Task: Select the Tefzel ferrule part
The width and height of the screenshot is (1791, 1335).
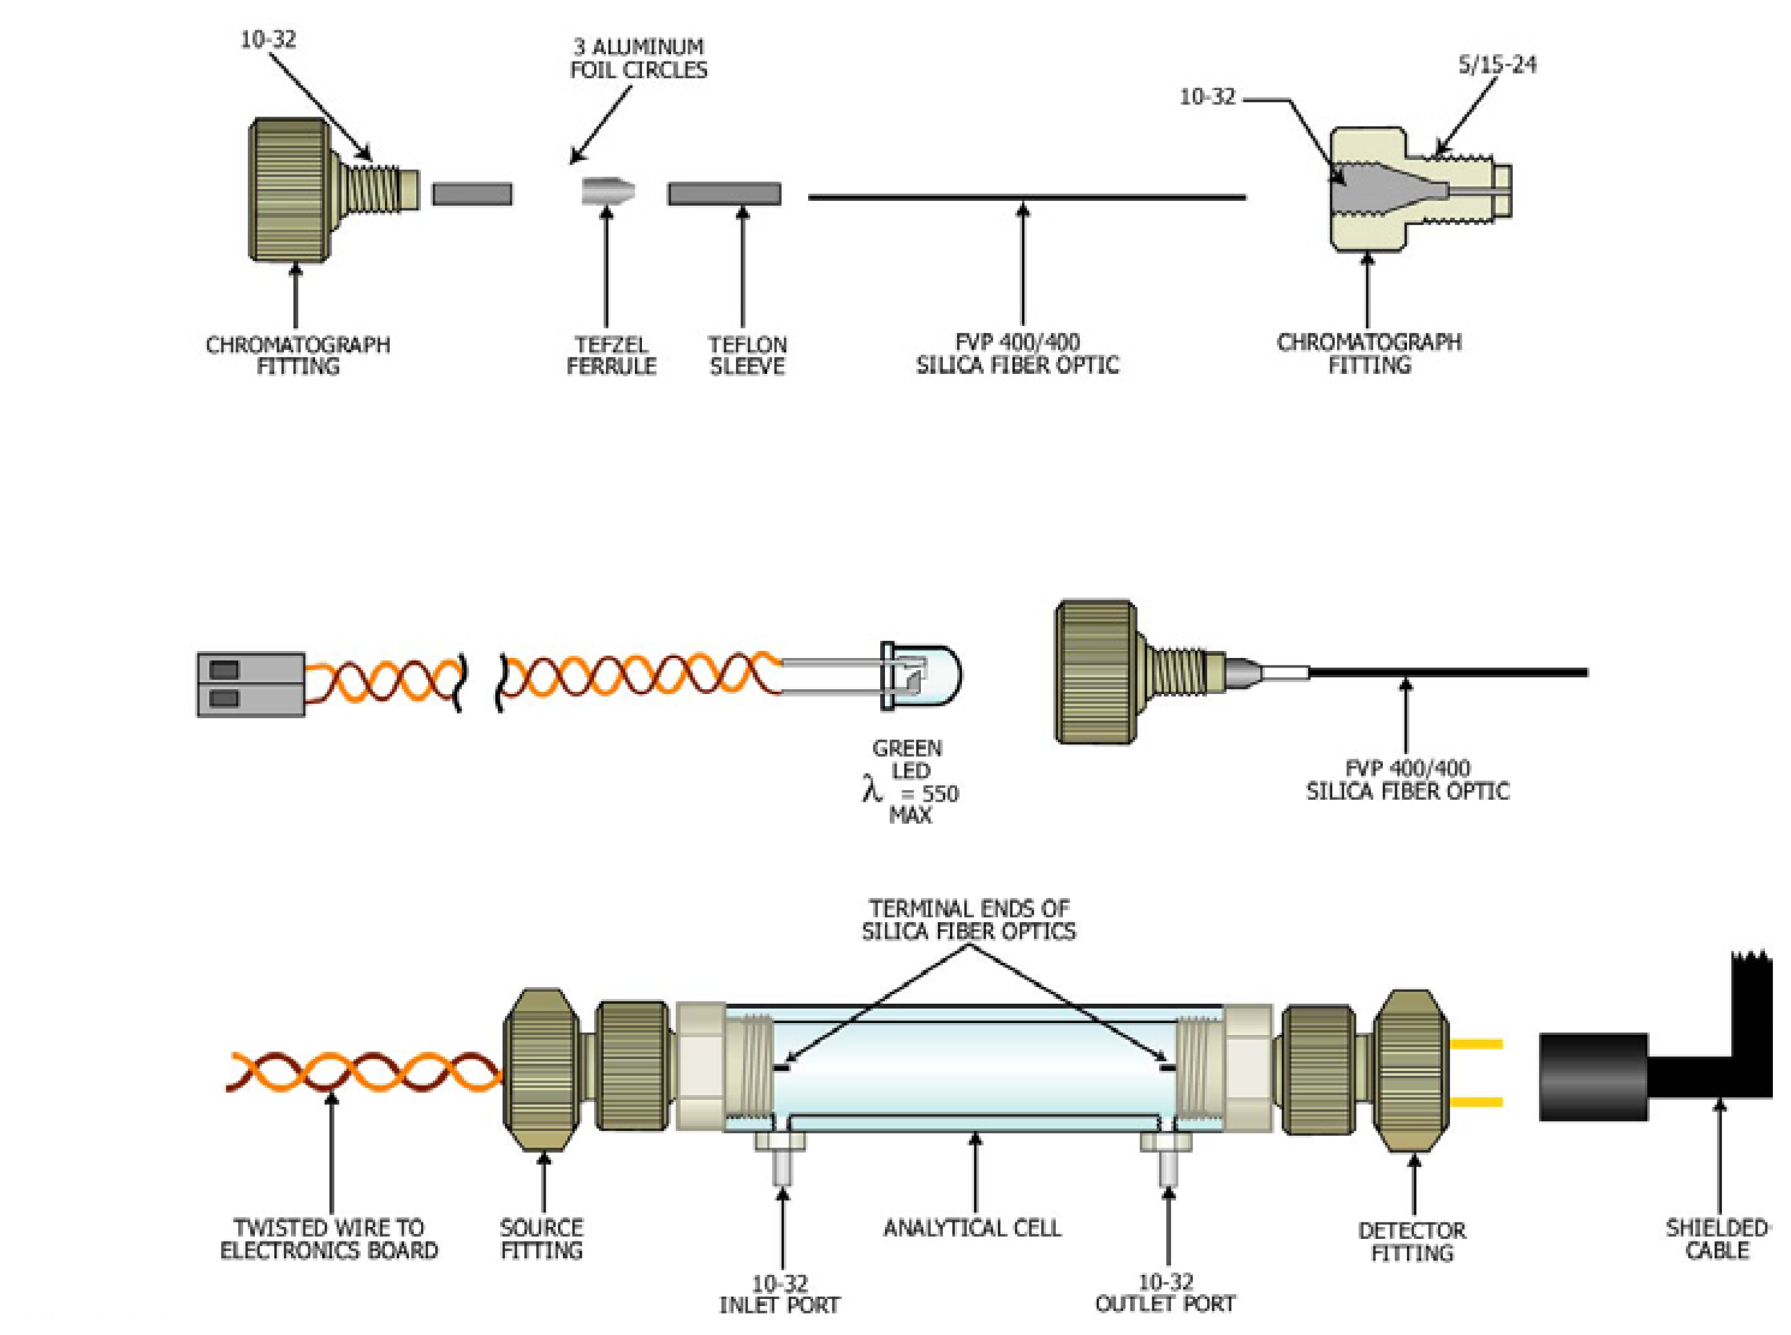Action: click(x=608, y=192)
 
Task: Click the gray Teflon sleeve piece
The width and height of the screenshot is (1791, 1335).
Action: click(x=724, y=193)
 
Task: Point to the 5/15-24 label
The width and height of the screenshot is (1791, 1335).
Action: click(x=1496, y=65)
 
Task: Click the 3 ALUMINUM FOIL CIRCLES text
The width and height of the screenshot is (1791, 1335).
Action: click(x=637, y=58)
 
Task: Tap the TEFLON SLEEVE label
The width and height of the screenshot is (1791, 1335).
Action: click(x=747, y=355)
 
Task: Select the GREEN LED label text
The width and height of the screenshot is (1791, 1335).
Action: click(x=908, y=759)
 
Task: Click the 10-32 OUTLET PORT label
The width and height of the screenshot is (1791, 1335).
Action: click(x=1165, y=1292)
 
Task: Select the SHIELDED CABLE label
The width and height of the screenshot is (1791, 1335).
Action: click(x=1717, y=1239)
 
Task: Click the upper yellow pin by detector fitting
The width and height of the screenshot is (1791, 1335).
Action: click(x=1477, y=1044)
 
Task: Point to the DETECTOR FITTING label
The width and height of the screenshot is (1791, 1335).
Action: click(x=1411, y=1241)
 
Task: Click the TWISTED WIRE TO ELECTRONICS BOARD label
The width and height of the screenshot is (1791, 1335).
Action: click(x=329, y=1239)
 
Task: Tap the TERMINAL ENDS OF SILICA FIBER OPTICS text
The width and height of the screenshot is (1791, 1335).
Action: click(x=968, y=920)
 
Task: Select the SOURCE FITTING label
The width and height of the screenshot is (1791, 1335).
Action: click(x=541, y=1239)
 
